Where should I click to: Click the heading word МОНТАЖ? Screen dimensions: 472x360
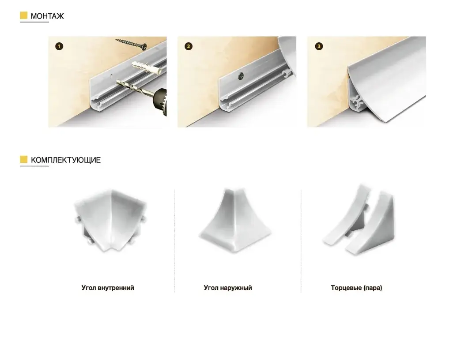pos(47,16)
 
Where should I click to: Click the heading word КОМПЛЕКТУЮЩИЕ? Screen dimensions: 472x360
pos(66,160)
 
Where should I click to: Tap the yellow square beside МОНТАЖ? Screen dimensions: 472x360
pos(24,15)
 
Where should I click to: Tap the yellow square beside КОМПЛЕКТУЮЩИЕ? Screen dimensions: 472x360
pos(24,159)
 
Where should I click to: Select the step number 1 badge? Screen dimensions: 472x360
pos(59,46)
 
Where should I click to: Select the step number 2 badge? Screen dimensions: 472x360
pos(189,46)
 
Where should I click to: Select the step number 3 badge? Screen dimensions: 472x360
pos(319,46)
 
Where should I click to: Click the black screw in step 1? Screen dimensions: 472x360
pos(131,44)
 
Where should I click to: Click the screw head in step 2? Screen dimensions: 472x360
pos(241,76)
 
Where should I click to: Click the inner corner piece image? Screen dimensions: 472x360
pos(110,221)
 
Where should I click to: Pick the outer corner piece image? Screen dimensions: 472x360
pos(235,221)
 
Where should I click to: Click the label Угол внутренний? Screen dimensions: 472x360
pos(108,288)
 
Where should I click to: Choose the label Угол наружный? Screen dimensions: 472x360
pos(228,288)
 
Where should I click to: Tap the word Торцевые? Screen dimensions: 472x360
pos(346,288)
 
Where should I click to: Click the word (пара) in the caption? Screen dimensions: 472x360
pos(373,288)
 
